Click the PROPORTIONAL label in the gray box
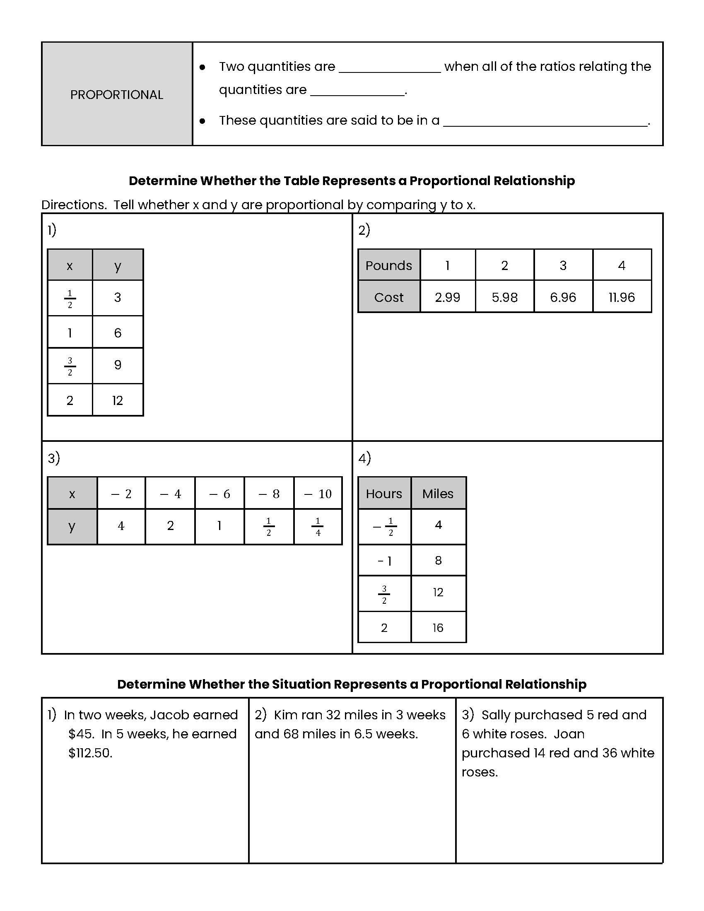pyautogui.click(x=116, y=95)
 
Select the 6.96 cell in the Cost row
pyautogui.click(x=563, y=297)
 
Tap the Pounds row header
pyautogui.click(x=389, y=265)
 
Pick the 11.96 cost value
pyautogui.click(x=622, y=297)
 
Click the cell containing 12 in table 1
pyautogui.click(x=118, y=400)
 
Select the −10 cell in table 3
pyautogui.click(x=318, y=494)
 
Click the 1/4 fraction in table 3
pyautogui.click(x=318, y=526)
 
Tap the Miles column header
pyautogui.click(x=437, y=494)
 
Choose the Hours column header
pyautogui.click(x=384, y=494)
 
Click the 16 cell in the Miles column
pyautogui.click(x=437, y=627)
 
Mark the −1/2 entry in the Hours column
pyautogui.click(x=385, y=526)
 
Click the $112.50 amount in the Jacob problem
pyautogui.click(x=90, y=753)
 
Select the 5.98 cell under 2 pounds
pyautogui.click(x=504, y=297)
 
